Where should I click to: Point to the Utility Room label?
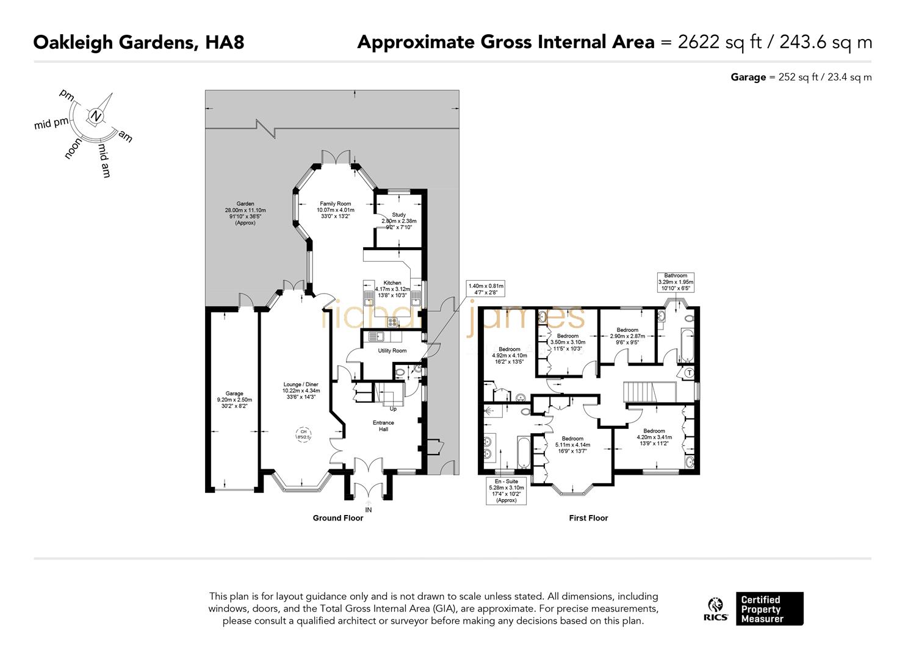[392, 351]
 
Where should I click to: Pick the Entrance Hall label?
[383, 426]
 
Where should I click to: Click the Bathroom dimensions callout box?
[676, 282]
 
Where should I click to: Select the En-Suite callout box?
[507, 491]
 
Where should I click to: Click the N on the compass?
[95, 117]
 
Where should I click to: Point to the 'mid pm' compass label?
[51, 124]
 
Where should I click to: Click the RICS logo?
[715, 609]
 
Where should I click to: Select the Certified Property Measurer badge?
[769, 609]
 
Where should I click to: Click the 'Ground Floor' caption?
[337, 518]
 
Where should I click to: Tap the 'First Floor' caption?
[588, 518]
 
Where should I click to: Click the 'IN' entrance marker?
[368, 510]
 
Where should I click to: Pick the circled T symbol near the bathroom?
[689, 373]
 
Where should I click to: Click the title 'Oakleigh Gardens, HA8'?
[139, 42]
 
